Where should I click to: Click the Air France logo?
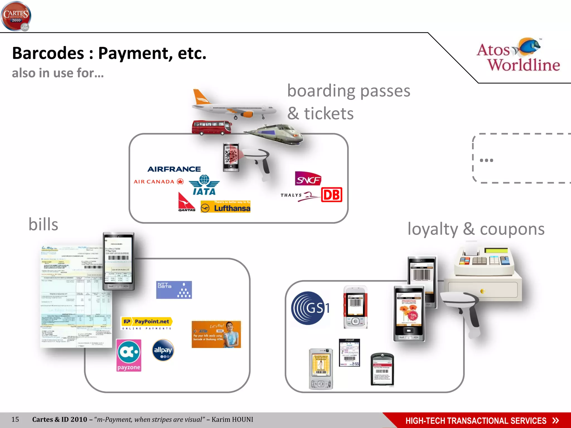(174, 169)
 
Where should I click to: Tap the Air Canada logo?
(158, 182)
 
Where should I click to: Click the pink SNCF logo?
(308, 179)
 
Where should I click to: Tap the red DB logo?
(332, 195)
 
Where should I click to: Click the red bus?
(212, 128)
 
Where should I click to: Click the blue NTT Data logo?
(174, 290)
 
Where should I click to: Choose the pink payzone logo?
(129, 355)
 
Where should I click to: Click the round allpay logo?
(163, 350)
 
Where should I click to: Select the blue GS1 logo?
(309, 308)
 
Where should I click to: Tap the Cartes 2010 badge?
(16, 16)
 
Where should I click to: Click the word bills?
(43, 225)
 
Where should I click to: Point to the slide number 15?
(15, 419)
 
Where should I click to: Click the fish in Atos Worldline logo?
(528, 46)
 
